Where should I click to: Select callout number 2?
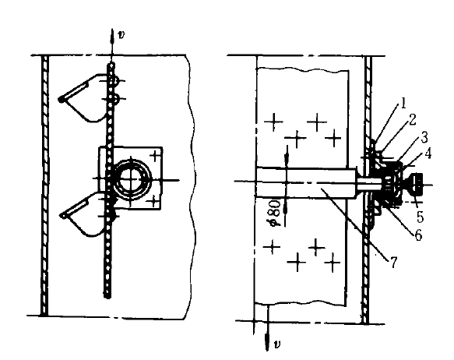click(412, 120)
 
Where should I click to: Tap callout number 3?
click(424, 138)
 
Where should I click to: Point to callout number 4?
click(428, 154)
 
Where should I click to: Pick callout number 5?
click(420, 217)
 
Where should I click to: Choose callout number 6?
click(418, 235)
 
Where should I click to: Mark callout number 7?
click(393, 263)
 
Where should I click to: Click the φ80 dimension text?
click(275, 214)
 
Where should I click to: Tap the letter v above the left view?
click(121, 35)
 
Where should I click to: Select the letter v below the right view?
click(277, 344)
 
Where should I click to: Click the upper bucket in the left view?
click(87, 97)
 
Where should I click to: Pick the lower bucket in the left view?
click(87, 214)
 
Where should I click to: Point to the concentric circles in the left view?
click(132, 180)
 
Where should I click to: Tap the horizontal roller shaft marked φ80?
click(306, 183)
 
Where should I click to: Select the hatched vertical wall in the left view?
click(44, 185)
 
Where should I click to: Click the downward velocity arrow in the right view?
click(268, 326)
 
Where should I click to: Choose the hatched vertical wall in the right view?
click(367, 189)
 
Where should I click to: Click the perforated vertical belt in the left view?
click(110, 180)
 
